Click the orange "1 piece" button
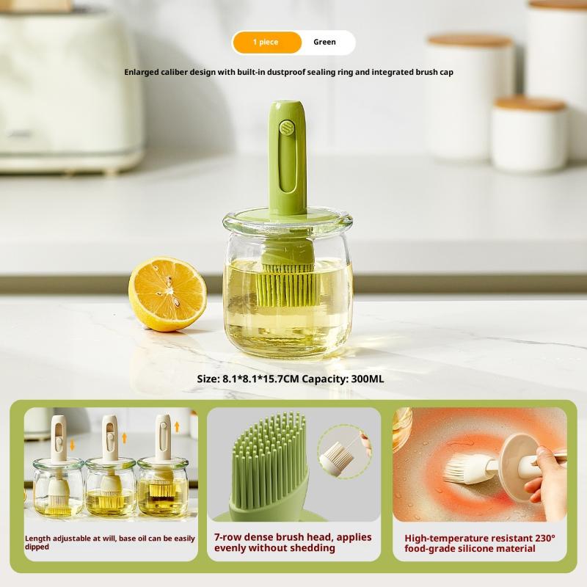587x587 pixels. click(x=267, y=43)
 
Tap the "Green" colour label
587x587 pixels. click(x=324, y=42)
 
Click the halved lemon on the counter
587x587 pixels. click(x=167, y=294)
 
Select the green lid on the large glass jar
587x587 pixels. click(x=288, y=214)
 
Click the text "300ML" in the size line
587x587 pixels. click(x=368, y=379)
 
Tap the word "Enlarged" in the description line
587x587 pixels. click(x=142, y=72)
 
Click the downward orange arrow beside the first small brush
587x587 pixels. click(x=72, y=445)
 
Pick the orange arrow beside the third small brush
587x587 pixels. click(x=177, y=426)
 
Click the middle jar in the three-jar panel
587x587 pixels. click(x=110, y=486)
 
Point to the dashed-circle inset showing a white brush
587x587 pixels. click(x=343, y=452)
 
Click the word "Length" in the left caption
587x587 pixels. click(x=38, y=539)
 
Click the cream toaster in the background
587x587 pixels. click(x=70, y=90)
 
